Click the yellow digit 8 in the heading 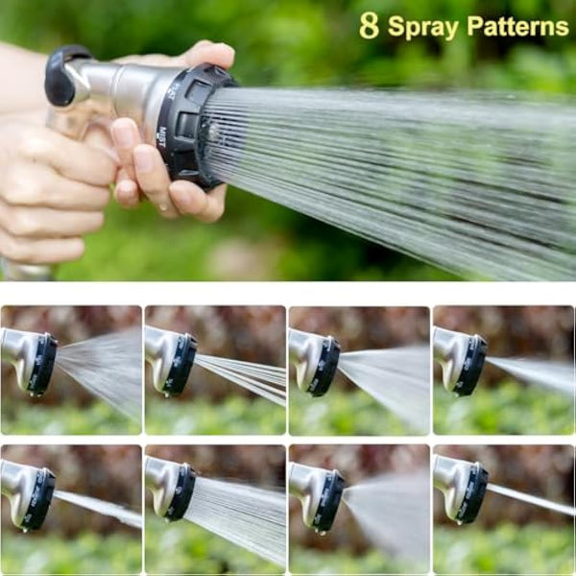(x=370, y=26)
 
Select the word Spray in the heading (x=423, y=27)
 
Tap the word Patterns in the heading (x=517, y=27)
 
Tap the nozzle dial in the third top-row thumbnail (x=325, y=366)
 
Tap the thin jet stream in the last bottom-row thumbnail (x=533, y=499)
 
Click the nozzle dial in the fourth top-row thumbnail (x=472, y=366)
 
